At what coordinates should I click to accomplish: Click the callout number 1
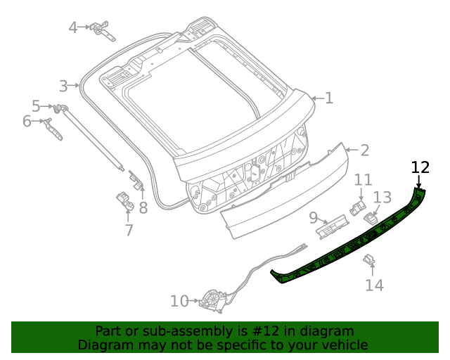(x=328, y=98)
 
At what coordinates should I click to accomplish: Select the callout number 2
(x=364, y=150)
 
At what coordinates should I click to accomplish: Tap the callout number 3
(x=63, y=86)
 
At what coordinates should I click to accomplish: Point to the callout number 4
(x=73, y=27)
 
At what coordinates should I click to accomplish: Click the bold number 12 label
(x=420, y=167)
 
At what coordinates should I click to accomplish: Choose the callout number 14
(x=374, y=285)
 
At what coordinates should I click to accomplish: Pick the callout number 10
(x=179, y=302)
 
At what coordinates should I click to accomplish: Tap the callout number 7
(x=129, y=230)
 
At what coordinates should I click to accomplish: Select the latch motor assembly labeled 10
(x=211, y=301)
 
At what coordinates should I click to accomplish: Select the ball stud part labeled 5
(x=59, y=107)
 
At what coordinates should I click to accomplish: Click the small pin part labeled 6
(x=51, y=127)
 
